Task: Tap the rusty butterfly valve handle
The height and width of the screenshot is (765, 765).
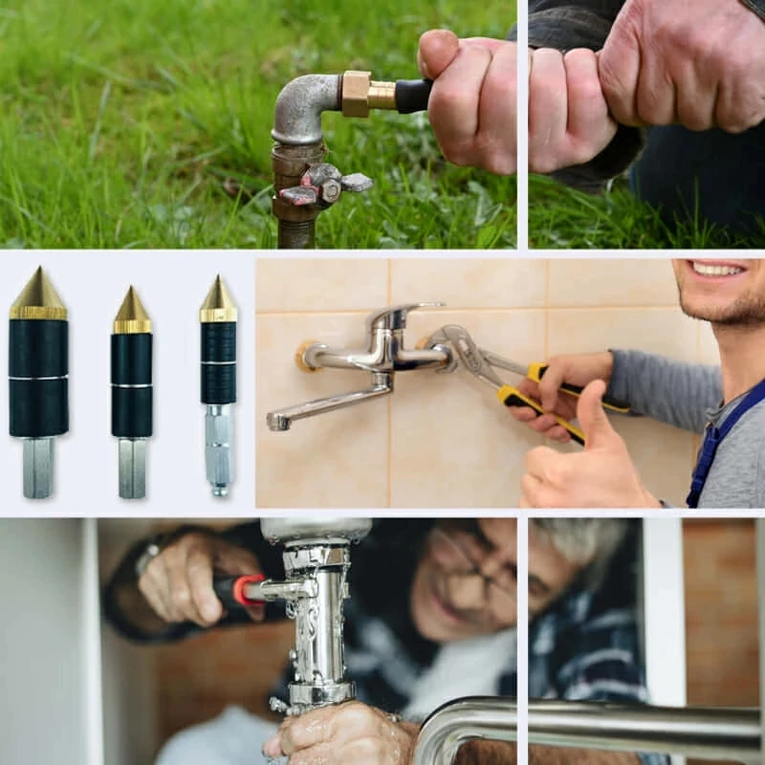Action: (x=325, y=183)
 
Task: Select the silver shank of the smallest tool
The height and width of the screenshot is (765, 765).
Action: (x=218, y=449)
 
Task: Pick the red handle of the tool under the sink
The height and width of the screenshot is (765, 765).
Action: (x=248, y=587)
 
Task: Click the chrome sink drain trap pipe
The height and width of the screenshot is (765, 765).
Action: (x=316, y=622)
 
